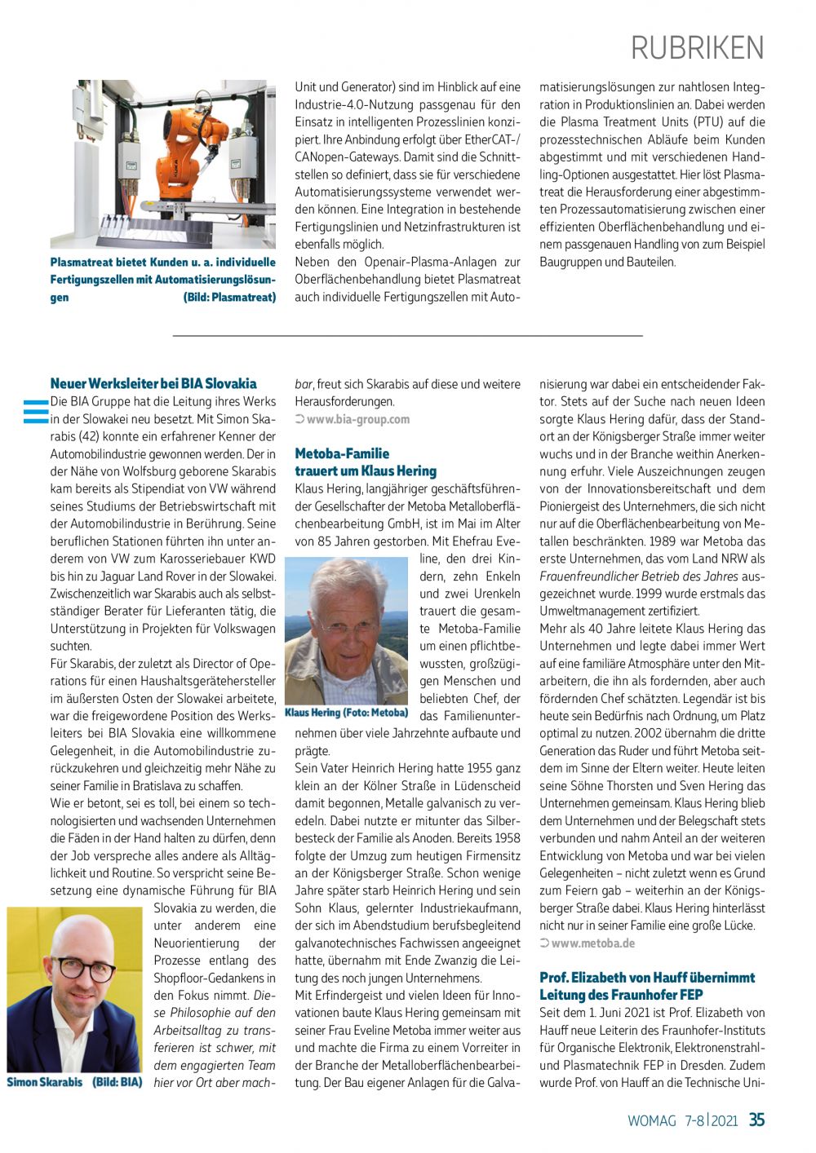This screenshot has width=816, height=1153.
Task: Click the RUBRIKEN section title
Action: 698,48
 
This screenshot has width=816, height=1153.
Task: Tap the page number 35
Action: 756,1120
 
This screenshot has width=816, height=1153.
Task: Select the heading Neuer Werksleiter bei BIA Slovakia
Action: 153,383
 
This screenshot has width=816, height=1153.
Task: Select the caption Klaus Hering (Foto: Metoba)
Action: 346,713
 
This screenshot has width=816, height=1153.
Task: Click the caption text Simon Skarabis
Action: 45,1083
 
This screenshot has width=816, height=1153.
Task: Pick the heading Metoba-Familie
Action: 342,453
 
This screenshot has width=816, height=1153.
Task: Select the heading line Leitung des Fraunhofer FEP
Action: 621,995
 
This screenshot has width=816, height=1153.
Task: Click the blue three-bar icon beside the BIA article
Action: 36,412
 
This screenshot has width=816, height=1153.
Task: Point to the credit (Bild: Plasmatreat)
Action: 229,298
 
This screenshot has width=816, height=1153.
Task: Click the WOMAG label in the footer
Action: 651,1121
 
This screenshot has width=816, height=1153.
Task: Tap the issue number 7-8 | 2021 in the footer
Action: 711,1121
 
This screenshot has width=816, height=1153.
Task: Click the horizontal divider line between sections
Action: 408,336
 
